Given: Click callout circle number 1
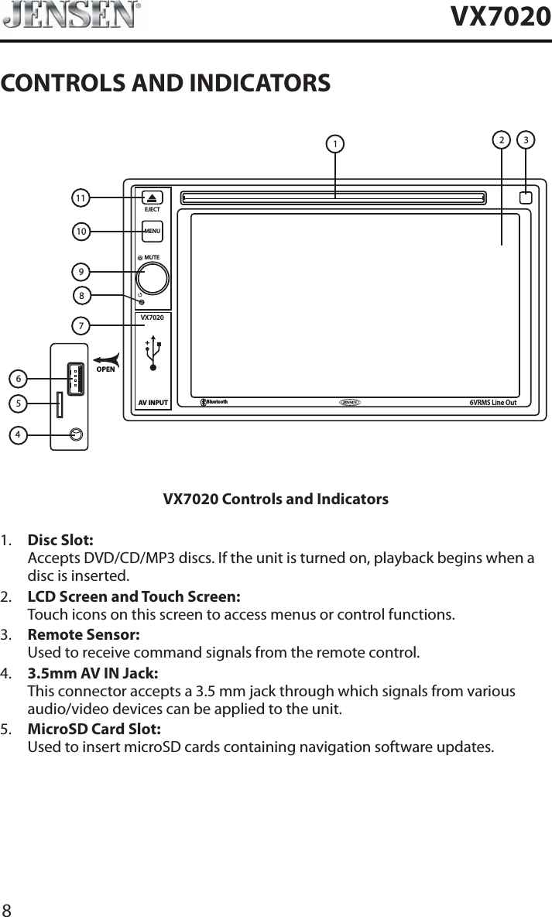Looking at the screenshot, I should pos(334,144).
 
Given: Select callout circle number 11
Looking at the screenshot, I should pos(80,198).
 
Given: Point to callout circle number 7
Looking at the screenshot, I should pos(80,325).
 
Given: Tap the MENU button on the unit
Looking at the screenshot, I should pos(152,231).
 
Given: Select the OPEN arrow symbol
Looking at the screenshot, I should pos(108,362).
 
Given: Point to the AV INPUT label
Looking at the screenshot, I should pos(153,403).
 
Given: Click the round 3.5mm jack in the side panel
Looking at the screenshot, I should pos(75,434).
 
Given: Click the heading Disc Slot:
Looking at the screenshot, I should pos(61,539).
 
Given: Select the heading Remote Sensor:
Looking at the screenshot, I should pos(84,634).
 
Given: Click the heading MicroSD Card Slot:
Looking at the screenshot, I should pos(94,729).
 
